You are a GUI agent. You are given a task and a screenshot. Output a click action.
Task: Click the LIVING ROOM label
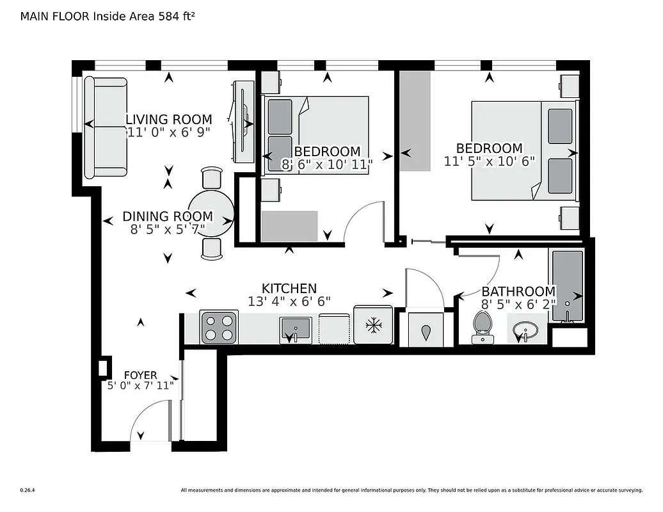pyautogui.click(x=168, y=120)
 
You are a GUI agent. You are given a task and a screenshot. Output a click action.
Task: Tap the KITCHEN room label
pyautogui.click(x=289, y=289)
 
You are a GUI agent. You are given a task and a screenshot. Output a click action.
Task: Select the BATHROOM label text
pyautogui.click(x=518, y=291)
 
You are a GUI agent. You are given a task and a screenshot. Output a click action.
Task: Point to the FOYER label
pyautogui.click(x=140, y=375)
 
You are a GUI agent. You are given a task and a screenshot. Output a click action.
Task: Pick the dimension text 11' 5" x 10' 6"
pyautogui.click(x=489, y=161)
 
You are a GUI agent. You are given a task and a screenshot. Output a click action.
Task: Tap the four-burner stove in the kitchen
pyautogui.click(x=220, y=327)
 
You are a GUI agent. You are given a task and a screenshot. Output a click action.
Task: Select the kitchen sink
pyautogui.click(x=295, y=329)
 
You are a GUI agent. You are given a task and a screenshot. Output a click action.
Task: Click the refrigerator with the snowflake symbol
pyautogui.click(x=372, y=326)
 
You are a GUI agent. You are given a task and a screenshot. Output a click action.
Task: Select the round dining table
pyautogui.click(x=211, y=213)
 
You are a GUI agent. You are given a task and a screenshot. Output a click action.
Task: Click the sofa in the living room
pyautogui.click(x=106, y=127)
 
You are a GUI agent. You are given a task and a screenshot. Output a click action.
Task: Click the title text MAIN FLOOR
pyautogui.click(x=54, y=17)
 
